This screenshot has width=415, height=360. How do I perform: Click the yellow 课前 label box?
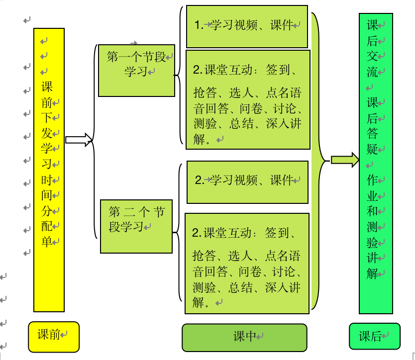pyautogui.click(x=54, y=335)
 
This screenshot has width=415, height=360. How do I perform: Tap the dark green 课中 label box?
pyautogui.click(x=244, y=337)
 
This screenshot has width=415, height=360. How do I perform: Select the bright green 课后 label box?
pyautogui.click(x=374, y=337)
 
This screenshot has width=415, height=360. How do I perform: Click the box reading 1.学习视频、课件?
pyautogui.click(x=247, y=26)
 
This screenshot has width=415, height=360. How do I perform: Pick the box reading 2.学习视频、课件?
pyautogui.click(x=247, y=181)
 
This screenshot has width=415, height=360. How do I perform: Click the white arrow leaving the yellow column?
pyautogui.click(x=79, y=140)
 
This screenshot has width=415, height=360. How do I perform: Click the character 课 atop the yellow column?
pyautogui.click(x=47, y=87)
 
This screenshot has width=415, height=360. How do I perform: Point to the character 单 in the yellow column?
pyautogui.click(x=47, y=242)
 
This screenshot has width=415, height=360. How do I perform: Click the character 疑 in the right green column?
pyautogui.click(x=372, y=149)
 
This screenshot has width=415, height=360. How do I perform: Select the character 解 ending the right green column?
pyautogui.click(x=372, y=273)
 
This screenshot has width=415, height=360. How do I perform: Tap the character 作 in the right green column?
pyautogui.click(x=372, y=180)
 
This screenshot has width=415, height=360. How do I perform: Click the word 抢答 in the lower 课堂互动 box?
pyautogui.click(x=204, y=256)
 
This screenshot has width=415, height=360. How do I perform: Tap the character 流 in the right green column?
pyautogui.click(x=372, y=71)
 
